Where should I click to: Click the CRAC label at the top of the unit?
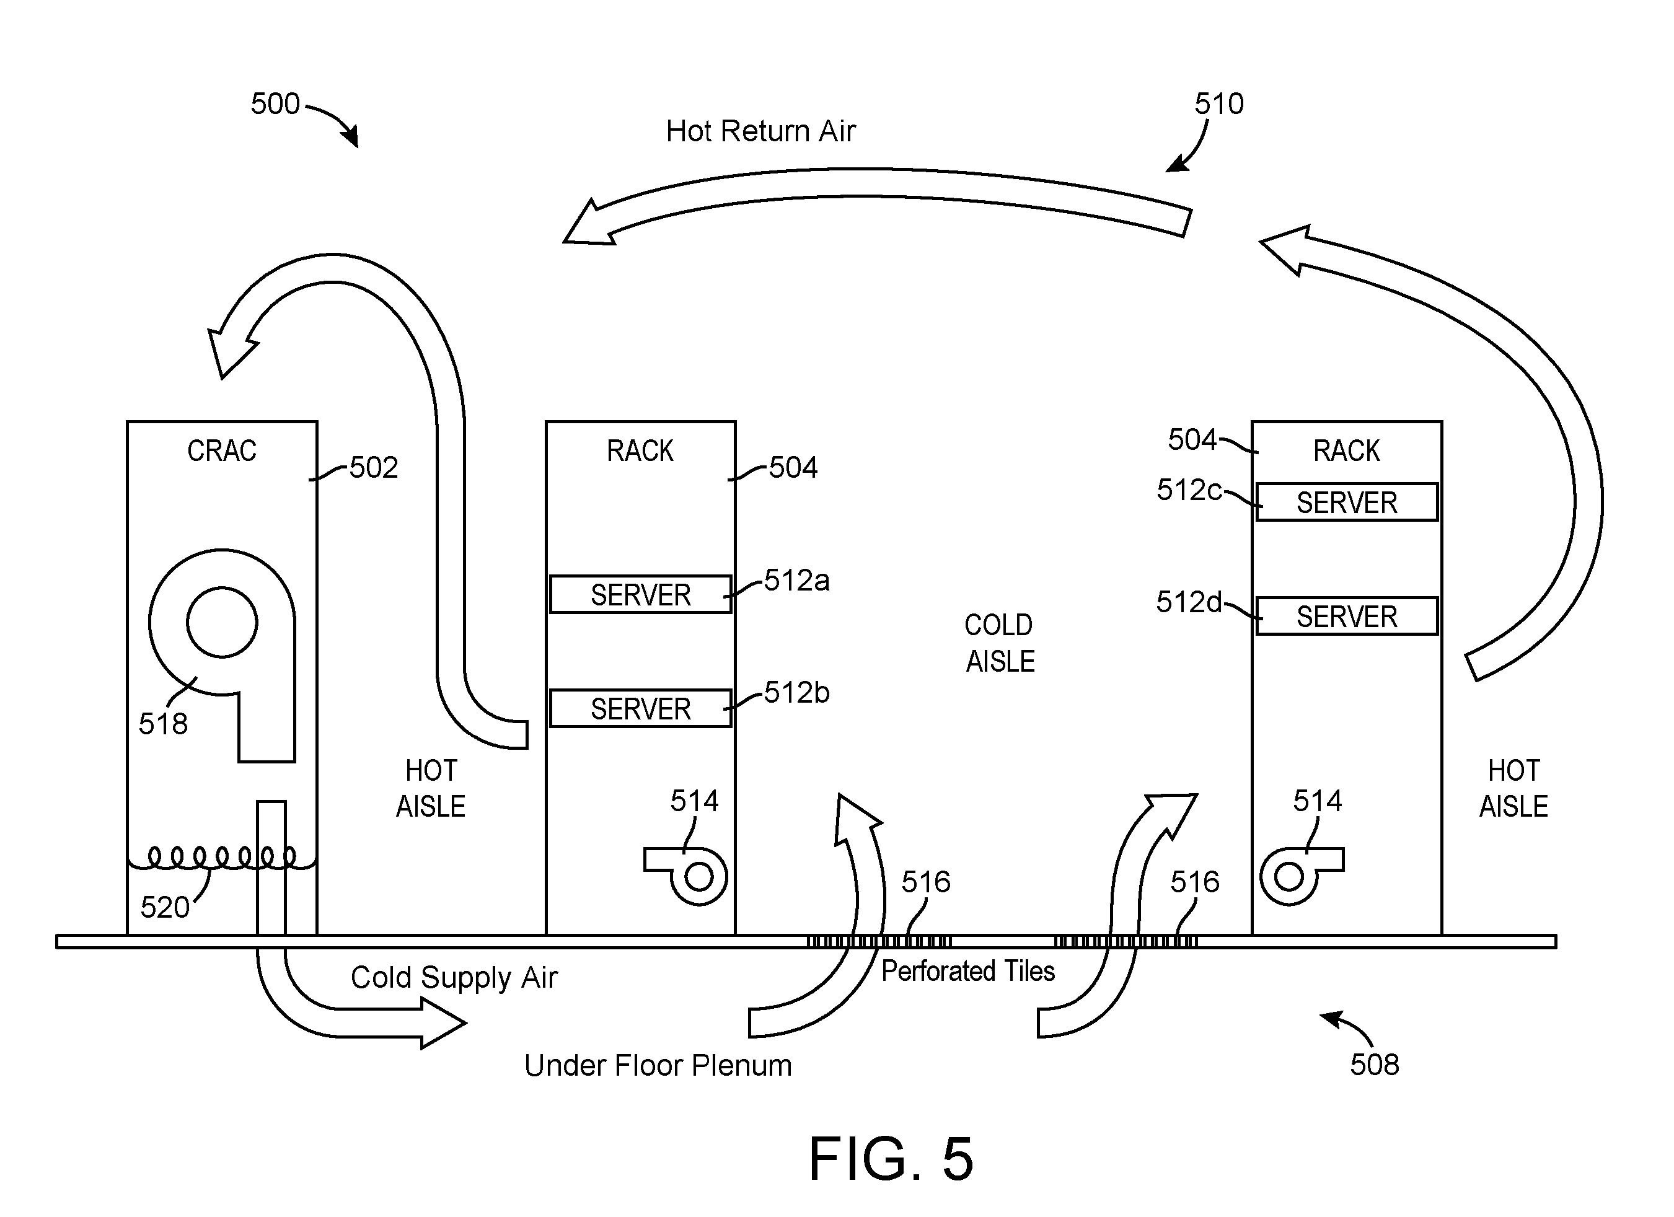click(222, 451)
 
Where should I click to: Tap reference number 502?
click(374, 468)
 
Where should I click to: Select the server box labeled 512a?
click(641, 595)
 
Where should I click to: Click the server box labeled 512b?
click(641, 708)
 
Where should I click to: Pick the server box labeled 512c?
click(1347, 503)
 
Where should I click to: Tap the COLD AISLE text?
click(1000, 643)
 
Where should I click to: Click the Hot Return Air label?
click(760, 131)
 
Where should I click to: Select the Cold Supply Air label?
click(454, 978)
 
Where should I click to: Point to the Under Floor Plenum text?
click(658, 1066)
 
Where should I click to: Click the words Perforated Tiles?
click(967, 971)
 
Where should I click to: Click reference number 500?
click(275, 104)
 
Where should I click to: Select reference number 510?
click(1219, 104)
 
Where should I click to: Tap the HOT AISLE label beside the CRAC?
click(431, 789)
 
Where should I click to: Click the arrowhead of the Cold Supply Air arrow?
click(444, 1023)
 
